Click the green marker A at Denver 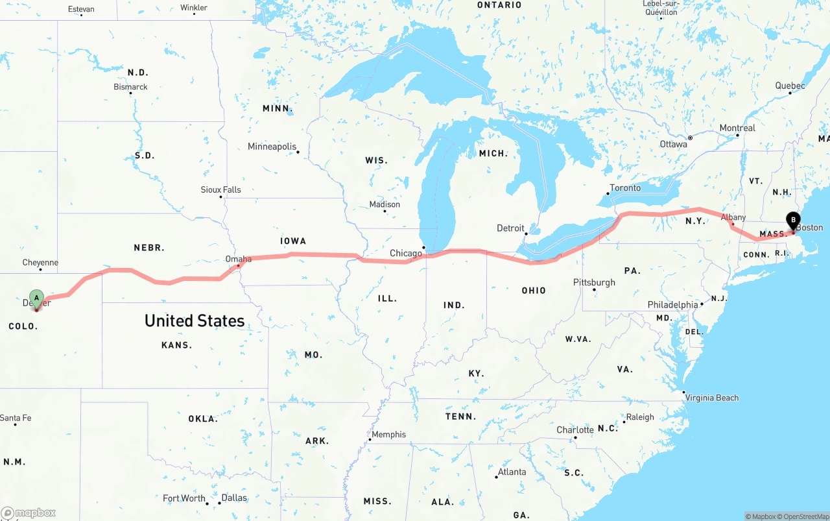[37, 298]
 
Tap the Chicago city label [406, 253]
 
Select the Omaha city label [238, 259]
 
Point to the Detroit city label [510, 228]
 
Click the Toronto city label [624, 188]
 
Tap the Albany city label [733, 217]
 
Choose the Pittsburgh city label [594, 282]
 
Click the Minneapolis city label [272, 147]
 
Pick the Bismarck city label [130, 86]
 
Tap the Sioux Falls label [220, 189]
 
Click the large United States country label [195, 321]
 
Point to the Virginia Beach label [711, 398]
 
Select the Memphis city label [388, 434]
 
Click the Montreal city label [737, 128]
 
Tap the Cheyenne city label [40, 263]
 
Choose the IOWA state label [293, 241]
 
